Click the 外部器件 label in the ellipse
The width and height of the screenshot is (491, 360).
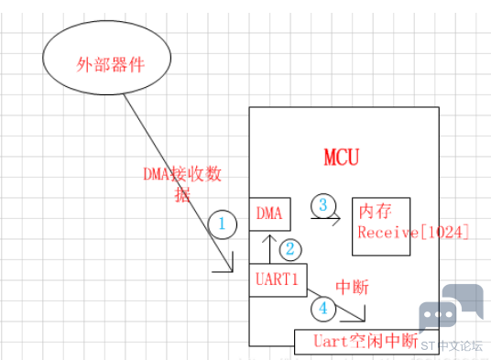(110, 65)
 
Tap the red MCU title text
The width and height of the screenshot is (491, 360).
(342, 157)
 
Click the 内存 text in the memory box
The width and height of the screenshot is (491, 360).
(376, 212)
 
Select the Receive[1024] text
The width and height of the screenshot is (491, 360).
(413, 232)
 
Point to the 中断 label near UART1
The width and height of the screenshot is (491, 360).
(352, 287)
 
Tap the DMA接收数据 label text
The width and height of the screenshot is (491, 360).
(182, 184)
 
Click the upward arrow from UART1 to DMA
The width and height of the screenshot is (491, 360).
(269, 249)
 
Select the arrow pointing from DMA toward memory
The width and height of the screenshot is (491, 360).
(326, 218)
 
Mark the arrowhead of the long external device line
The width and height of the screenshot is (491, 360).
(232, 271)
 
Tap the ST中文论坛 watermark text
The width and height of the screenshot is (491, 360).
(452, 346)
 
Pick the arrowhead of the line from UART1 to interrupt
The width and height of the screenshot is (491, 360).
(364, 321)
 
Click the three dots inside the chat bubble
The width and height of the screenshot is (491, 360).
(438, 314)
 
